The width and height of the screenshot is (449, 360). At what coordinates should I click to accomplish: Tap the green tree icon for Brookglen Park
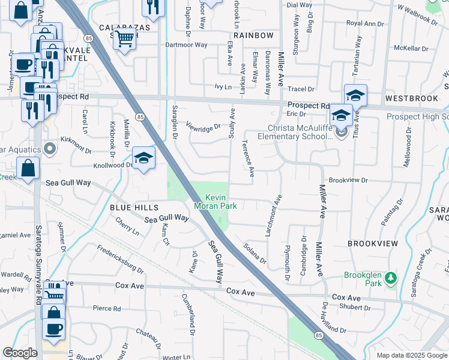391,277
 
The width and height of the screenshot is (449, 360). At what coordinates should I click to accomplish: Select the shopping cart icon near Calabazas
125,39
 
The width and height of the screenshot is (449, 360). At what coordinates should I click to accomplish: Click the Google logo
20,353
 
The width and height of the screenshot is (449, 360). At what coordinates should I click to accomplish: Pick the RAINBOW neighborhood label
253,35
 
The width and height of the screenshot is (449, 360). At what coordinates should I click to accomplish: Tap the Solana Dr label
255,252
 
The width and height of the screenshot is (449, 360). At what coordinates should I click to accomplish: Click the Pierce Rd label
107,308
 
